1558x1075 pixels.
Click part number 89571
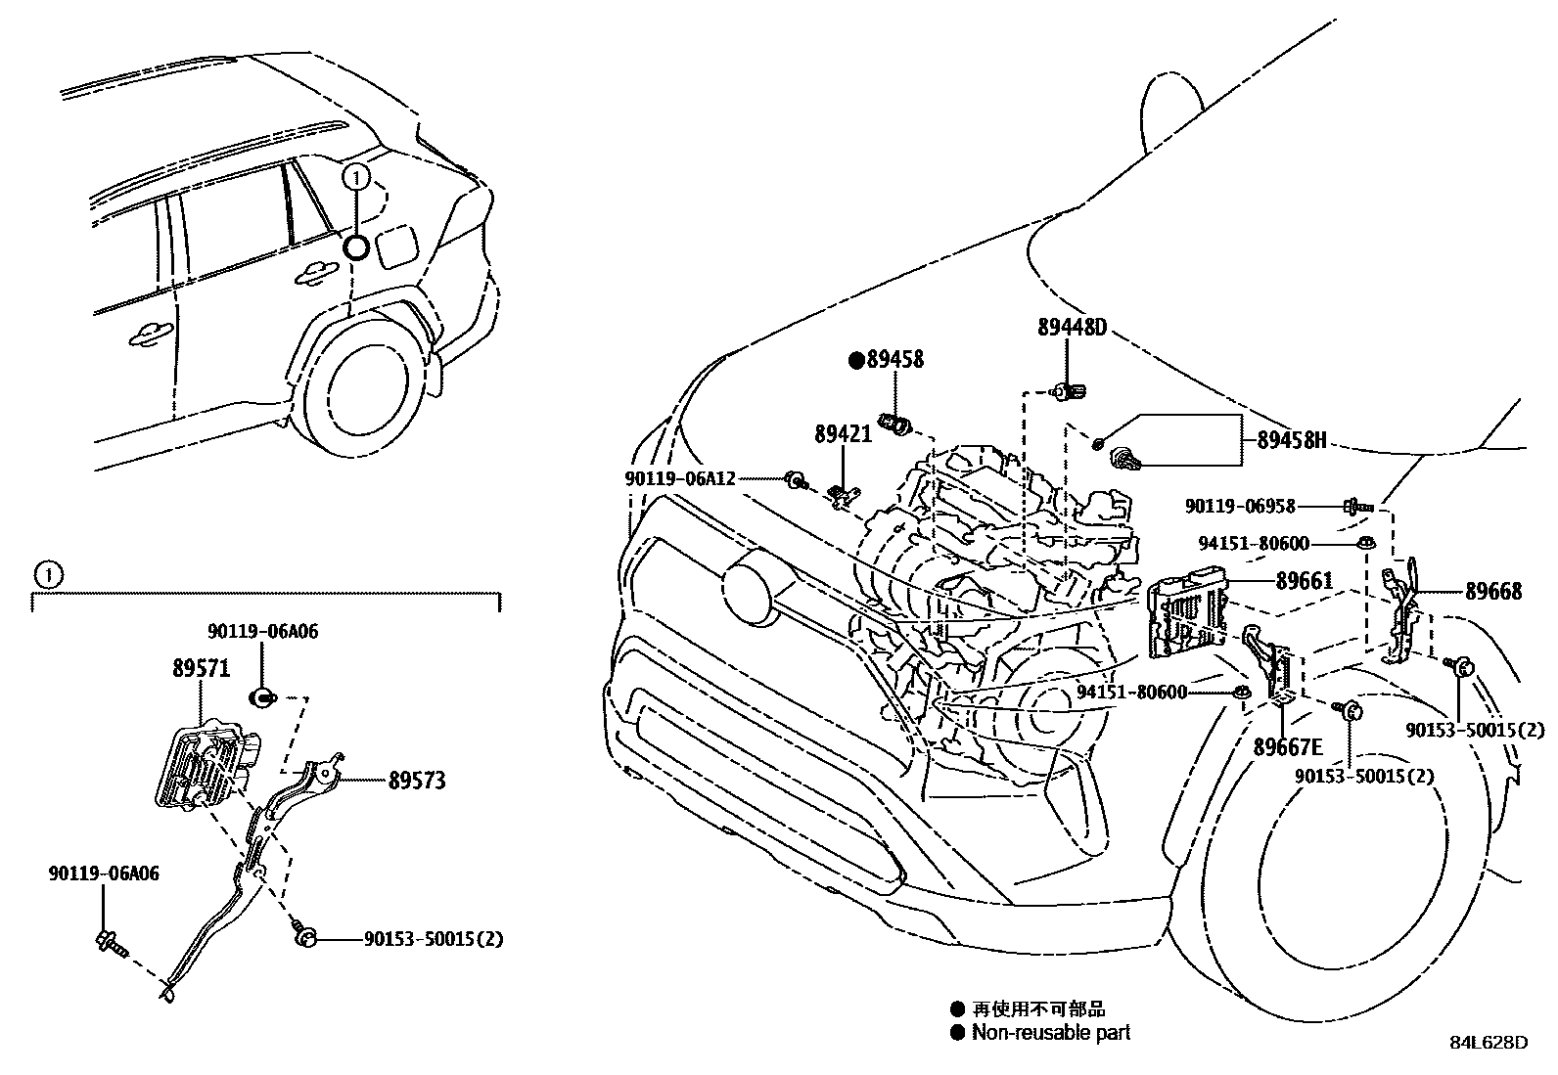(201, 669)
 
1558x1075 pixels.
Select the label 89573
(417, 781)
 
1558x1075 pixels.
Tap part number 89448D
(1072, 329)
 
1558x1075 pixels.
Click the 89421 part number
(842, 432)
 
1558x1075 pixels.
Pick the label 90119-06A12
(679, 478)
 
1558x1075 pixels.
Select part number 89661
(1304, 581)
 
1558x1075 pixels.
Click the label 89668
(1492, 592)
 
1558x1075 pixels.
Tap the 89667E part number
(1288, 747)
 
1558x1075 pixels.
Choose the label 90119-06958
(1240, 507)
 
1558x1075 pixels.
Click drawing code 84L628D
(1488, 1043)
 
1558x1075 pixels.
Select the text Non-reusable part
(1050, 1033)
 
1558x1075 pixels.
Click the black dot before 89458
(856, 360)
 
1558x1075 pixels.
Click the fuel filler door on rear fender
(397, 246)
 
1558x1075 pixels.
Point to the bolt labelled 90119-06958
(1356, 507)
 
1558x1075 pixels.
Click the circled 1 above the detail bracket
(47, 574)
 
